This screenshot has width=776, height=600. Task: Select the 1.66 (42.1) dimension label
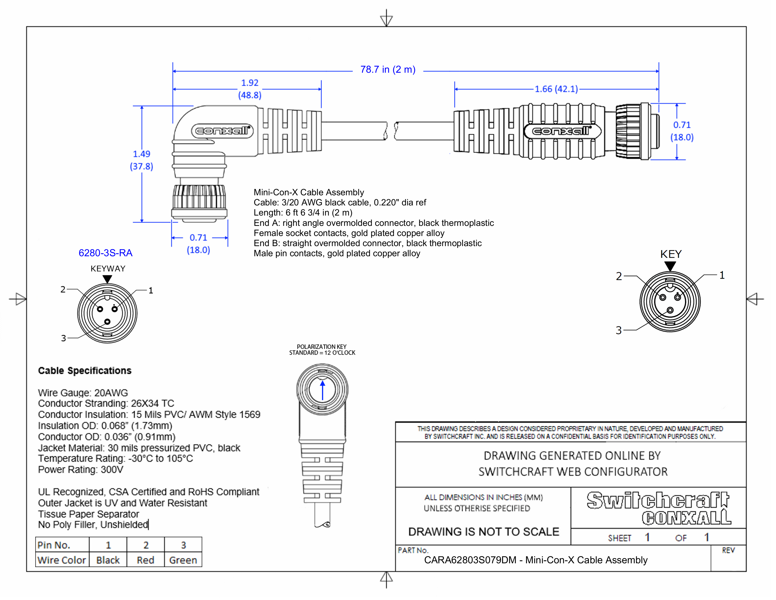(556, 89)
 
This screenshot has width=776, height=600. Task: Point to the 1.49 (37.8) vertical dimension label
(141, 160)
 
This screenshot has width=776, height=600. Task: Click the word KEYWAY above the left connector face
(108, 269)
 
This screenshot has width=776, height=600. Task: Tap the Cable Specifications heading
(85, 371)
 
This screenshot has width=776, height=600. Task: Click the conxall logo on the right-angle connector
(222, 131)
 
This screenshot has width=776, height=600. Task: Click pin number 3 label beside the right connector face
(619, 330)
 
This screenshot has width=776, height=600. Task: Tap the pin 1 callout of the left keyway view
(151, 290)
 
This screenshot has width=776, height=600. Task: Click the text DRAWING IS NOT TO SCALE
(483, 532)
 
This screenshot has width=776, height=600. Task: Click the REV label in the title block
(728, 550)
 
